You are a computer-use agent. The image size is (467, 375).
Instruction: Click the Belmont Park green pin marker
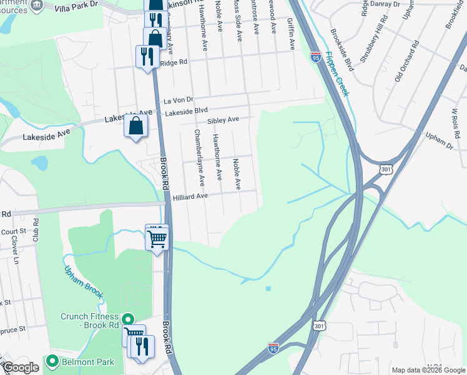51,361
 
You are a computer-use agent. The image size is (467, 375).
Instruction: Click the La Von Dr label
179,100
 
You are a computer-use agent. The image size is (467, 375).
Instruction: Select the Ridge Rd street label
174,62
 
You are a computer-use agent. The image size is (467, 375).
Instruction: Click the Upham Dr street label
439,141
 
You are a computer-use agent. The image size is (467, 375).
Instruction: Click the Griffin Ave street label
291,34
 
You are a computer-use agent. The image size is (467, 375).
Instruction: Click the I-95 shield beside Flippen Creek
315,57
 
